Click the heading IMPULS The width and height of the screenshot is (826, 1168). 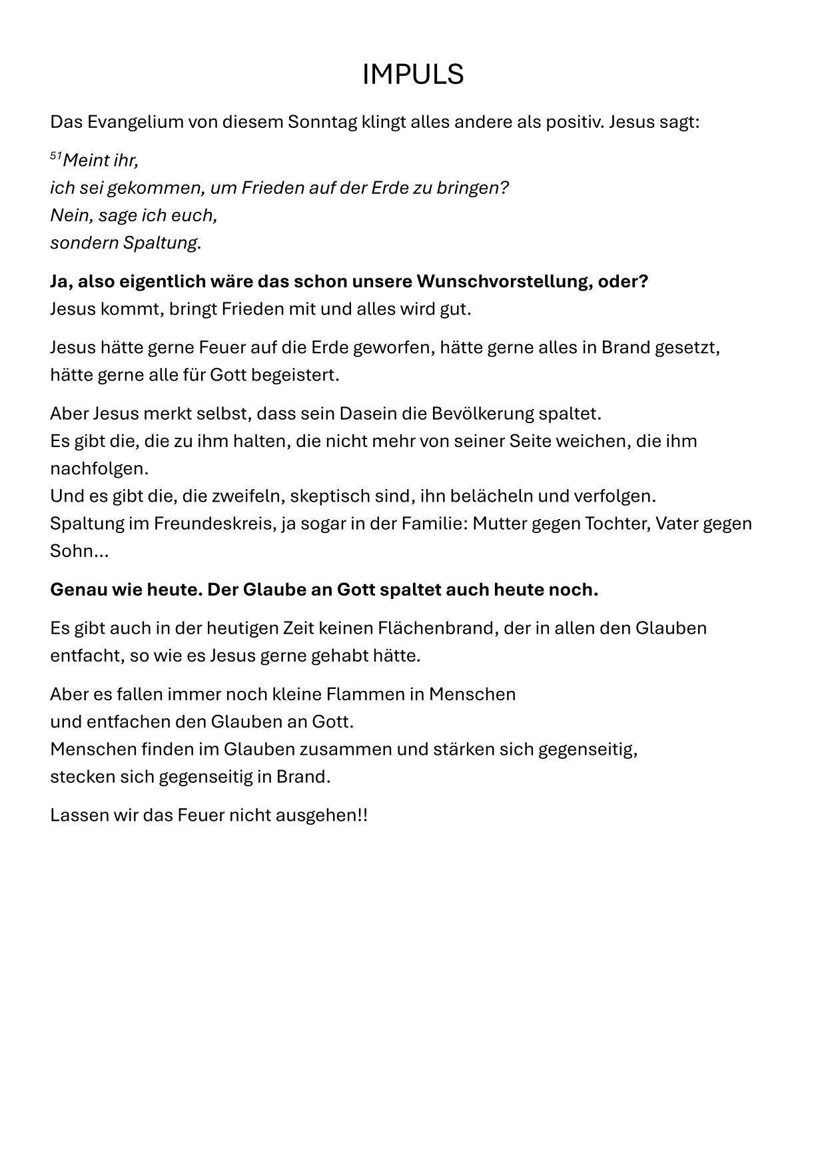[412, 75]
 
